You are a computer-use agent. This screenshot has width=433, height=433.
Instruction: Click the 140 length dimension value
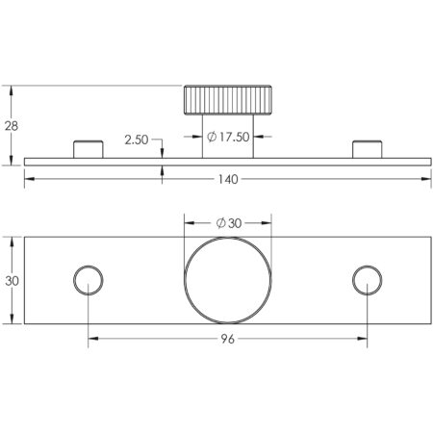228,178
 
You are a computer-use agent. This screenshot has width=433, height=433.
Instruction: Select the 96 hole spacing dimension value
228,340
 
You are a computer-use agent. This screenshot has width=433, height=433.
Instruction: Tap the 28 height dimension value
11,125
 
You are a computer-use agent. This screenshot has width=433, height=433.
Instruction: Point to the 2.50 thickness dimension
137,140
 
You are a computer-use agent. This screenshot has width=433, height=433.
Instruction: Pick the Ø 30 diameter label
229,222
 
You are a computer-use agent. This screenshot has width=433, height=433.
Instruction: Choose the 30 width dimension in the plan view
11,280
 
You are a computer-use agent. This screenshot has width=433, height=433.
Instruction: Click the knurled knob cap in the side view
228,100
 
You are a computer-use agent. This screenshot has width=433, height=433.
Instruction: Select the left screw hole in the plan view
89,280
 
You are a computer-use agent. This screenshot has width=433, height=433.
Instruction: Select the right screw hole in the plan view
367,280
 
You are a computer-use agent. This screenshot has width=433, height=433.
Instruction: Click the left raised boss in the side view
89,149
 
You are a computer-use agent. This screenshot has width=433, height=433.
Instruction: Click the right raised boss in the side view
367,149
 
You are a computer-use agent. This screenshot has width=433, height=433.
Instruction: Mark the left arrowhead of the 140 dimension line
28,178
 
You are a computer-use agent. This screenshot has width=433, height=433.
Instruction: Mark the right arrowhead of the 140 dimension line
427,178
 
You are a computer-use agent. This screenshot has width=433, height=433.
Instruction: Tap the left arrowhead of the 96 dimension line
92,340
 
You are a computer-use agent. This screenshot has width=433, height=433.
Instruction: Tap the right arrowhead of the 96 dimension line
363,340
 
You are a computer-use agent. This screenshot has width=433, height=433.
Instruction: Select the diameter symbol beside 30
220,222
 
